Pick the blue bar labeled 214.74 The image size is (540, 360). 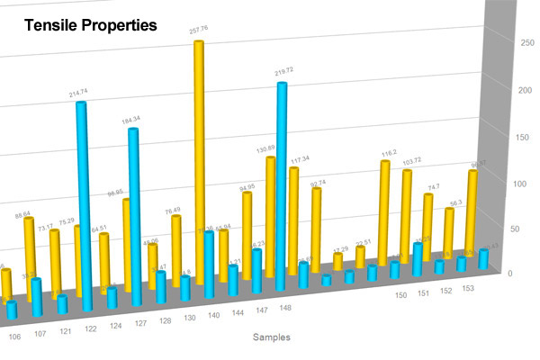tap(82, 202)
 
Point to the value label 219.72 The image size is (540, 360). tap(284, 71)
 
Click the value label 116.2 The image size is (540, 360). tap(389, 153)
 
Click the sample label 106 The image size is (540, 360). tap(14, 337)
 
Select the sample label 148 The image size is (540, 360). tap(284, 308)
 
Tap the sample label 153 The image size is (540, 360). tap(468, 288)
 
